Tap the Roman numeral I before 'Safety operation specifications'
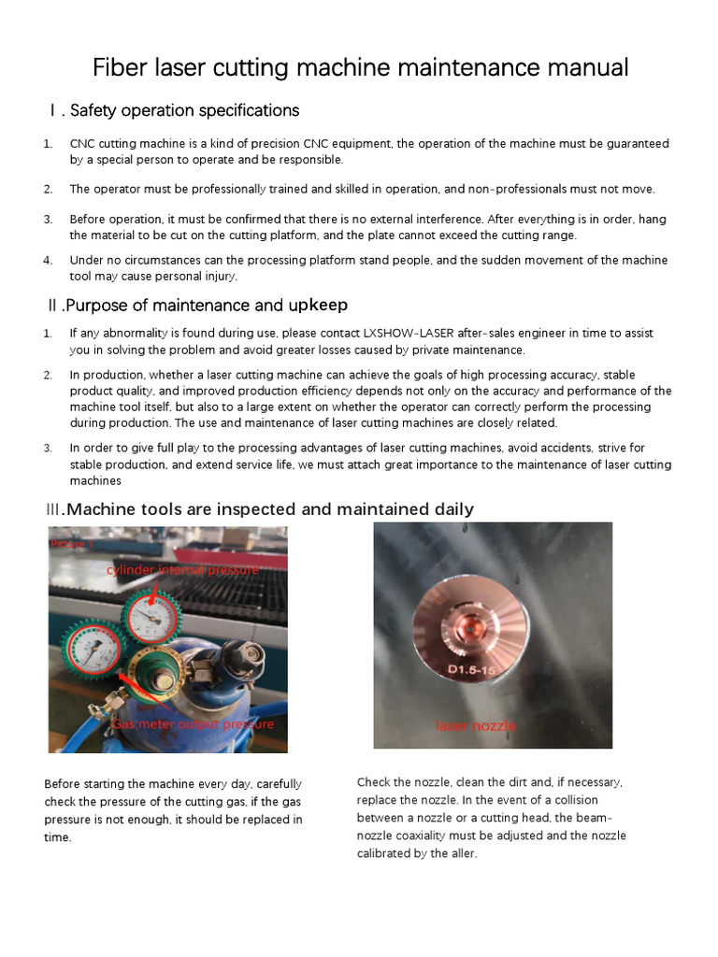click(x=52, y=111)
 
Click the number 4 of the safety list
click(x=48, y=261)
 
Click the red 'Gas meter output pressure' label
click(x=193, y=724)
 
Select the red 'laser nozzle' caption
click(x=475, y=725)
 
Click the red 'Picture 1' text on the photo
click(x=72, y=544)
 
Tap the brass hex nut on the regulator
click(x=154, y=664)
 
